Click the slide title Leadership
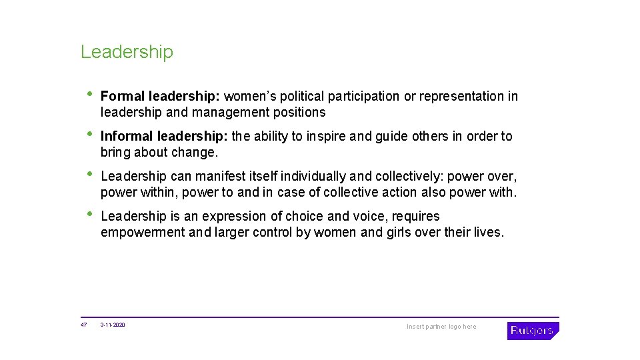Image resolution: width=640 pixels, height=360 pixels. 127,52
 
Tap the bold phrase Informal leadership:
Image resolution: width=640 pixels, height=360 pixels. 164,137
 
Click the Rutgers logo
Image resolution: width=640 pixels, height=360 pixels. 533,330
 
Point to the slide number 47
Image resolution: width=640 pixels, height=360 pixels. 84,325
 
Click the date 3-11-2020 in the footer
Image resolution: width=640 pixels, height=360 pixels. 113,325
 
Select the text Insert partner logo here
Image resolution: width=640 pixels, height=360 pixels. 441,327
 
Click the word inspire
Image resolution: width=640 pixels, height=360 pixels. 325,137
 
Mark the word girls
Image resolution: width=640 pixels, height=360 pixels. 393,233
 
